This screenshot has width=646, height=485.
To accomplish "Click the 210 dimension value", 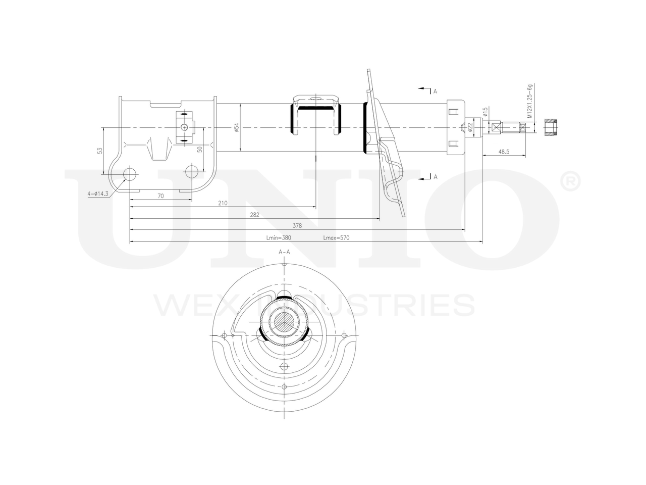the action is [x=223, y=203].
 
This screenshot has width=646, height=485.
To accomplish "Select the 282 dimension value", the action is [x=254, y=215].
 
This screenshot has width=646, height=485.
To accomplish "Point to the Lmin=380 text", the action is [x=279, y=237].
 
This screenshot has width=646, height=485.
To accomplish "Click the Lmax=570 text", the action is [x=336, y=237].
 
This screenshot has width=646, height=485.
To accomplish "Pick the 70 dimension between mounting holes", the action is [x=160, y=196].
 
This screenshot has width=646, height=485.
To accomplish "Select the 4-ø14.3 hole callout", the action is [x=98, y=193].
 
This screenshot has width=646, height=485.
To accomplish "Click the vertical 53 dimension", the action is [x=100, y=151].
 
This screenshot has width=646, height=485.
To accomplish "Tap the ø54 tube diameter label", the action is [x=236, y=128].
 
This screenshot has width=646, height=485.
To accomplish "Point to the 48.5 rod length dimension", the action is [x=504, y=151].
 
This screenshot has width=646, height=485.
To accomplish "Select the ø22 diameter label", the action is [x=470, y=127].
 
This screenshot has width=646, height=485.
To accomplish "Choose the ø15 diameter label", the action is [x=485, y=111].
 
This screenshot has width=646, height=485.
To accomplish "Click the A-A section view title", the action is [x=285, y=252].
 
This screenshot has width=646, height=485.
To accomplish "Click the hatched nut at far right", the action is [x=551, y=127].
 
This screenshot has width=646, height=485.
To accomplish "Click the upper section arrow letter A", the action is [x=435, y=91].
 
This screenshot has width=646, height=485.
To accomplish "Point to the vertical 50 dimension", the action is [x=199, y=150].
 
